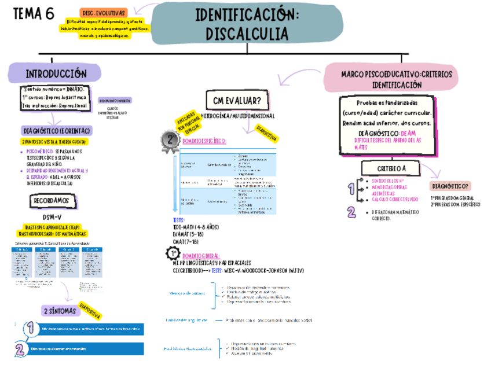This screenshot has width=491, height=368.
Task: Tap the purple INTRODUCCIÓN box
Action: point(56,74)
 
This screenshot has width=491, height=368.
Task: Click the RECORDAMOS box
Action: point(52,201)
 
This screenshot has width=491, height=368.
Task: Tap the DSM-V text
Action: point(53,216)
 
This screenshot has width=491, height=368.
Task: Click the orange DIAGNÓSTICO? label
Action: point(450,186)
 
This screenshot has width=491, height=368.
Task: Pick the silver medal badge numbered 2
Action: point(170,141)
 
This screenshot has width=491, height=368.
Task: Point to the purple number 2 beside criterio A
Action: point(351,212)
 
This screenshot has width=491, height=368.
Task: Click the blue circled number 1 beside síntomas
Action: point(28,329)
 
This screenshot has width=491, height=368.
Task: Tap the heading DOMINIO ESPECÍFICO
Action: point(204,141)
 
